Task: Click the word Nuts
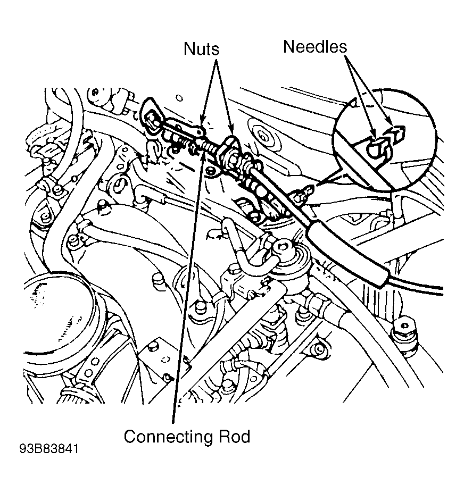201,49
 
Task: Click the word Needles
315,46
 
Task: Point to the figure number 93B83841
49,449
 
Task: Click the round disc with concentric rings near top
263,136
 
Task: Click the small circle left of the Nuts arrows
179,98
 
